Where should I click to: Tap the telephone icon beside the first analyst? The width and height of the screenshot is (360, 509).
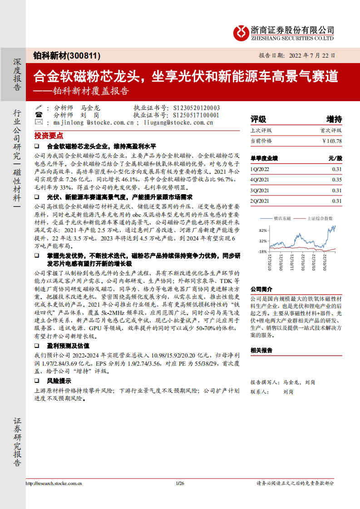click(39, 108)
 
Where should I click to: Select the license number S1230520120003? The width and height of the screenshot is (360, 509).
click(197, 108)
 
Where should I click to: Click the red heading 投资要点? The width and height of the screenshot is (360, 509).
click(49, 136)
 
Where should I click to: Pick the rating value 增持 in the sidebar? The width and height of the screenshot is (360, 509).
click(334, 119)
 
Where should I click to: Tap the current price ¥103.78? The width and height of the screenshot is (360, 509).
click(332, 141)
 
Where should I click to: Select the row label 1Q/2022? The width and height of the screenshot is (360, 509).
click(260, 169)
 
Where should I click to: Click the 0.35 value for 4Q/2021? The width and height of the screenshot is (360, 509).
click(336, 180)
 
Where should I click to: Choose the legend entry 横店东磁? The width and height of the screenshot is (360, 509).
click(281, 219)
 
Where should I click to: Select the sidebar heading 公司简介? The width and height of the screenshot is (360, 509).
click(261, 289)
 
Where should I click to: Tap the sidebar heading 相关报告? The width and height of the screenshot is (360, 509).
click(261, 350)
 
